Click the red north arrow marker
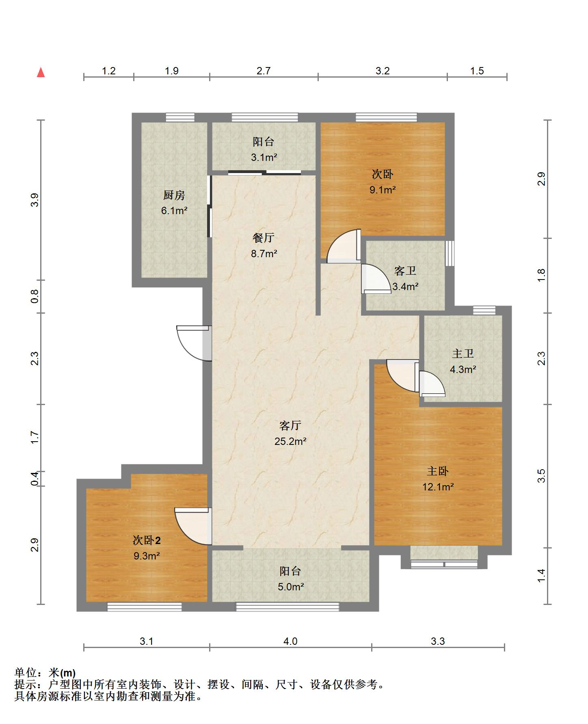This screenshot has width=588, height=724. [41, 73]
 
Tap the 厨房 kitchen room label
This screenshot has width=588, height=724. [174, 195]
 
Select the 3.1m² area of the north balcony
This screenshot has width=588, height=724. [264, 157]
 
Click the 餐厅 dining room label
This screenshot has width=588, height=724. [264, 238]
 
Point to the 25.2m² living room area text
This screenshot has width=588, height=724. [290, 441]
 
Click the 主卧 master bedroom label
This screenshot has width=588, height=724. [437, 471]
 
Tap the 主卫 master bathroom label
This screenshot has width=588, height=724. [463, 354]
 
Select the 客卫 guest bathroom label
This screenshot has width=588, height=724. [405, 271]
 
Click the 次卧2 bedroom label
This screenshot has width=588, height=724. [147, 540]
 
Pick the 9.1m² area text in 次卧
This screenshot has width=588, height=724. [382, 190]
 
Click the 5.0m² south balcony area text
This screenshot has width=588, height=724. [290, 587]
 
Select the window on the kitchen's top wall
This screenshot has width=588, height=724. [180, 117]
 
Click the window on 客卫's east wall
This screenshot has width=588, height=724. [449, 254]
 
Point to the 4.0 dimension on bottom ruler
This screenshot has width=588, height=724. [290, 641]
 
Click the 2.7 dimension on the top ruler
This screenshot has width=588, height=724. [263, 71]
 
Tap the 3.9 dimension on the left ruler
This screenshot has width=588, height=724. [35, 200]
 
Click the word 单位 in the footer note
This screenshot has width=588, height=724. [26, 673]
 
